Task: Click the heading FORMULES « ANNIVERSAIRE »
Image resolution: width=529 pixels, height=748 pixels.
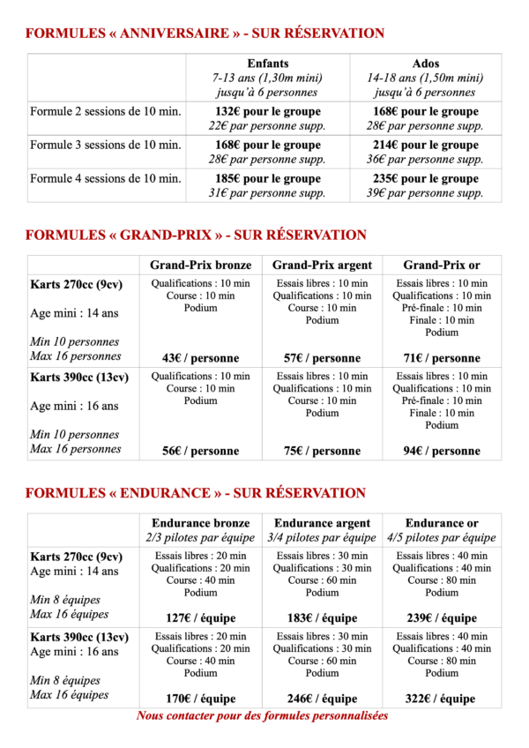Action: tap(205, 34)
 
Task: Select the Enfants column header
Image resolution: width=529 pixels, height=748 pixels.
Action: tap(267, 64)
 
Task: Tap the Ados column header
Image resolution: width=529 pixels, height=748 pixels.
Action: tap(425, 64)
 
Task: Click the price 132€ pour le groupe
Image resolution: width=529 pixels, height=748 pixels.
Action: tap(267, 112)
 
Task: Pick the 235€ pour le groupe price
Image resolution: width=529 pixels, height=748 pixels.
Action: tap(425, 178)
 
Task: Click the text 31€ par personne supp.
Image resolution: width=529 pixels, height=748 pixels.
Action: tap(267, 193)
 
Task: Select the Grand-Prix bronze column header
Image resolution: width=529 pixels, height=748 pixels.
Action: tap(200, 265)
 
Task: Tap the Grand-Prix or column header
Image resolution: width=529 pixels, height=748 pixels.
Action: tap(441, 265)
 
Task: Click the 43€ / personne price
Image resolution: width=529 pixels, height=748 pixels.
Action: tap(200, 358)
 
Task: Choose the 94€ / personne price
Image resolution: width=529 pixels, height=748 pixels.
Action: tap(441, 451)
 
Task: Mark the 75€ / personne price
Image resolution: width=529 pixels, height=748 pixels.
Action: tap(321, 451)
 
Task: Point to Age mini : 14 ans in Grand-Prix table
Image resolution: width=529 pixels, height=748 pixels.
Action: tap(74, 313)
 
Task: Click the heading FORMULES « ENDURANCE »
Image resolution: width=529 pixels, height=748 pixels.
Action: tap(195, 493)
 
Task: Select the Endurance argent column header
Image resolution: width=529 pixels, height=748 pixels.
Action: tap(321, 523)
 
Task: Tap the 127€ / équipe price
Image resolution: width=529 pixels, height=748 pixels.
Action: tap(200, 618)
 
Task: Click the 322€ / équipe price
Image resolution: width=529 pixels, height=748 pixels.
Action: tap(441, 699)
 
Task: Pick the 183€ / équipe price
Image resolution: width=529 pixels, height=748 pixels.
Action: tap(321, 618)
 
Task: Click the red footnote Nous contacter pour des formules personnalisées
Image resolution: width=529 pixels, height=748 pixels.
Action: tap(262, 716)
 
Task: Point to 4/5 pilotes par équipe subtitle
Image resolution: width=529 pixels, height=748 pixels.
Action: tap(441, 537)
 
